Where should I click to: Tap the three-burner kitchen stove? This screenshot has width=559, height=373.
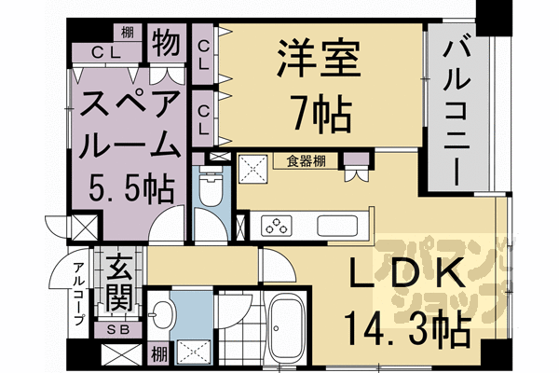pyautogui.click(x=278, y=225)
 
